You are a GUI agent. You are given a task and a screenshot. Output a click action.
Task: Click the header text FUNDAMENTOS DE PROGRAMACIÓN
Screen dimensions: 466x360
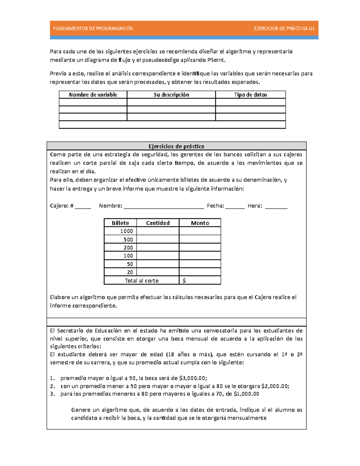pyautogui.click(x=93, y=29)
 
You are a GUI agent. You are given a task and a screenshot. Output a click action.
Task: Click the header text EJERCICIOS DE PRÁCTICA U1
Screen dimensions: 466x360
pyautogui.click(x=284, y=29)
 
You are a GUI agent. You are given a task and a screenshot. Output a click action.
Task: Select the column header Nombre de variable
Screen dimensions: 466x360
pyautogui.click(x=93, y=95)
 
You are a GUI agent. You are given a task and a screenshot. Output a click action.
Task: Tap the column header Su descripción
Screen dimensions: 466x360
pyautogui.click(x=171, y=95)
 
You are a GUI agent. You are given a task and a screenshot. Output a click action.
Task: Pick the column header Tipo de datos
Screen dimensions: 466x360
pyautogui.click(x=250, y=95)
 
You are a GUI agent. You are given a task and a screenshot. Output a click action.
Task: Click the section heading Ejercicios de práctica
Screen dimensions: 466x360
pyautogui.click(x=176, y=146)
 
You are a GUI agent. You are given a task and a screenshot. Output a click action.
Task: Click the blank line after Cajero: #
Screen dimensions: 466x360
pyautogui.click(x=83, y=206)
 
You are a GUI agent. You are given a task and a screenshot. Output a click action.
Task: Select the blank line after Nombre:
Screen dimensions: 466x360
pyautogui.click(x=164, y=206)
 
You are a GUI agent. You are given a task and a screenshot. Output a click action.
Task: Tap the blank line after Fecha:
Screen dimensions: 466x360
pyautogui.click(x=235, y=206)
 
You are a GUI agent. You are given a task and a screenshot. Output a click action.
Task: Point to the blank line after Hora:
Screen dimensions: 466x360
pyautogui.click(x=276, y=206)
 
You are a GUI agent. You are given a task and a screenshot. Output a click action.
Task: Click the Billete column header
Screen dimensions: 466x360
pyautogui.click(x=120, y=223)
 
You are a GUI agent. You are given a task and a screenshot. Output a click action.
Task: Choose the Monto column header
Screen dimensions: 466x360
pyautogui.click(x=200, y=223)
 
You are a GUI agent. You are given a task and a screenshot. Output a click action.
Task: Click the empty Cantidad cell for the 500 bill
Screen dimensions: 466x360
pyautogui.click(x=158, y=239)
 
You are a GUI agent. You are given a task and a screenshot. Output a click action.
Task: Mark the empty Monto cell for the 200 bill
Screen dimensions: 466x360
pyautogui.click(x=200, y=248)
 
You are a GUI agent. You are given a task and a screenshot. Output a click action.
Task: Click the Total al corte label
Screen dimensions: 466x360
pyautogui.click(x=142, y=281)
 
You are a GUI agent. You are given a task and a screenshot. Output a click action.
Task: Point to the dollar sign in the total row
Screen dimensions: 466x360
pyautogui.click(x=184, y=281)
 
